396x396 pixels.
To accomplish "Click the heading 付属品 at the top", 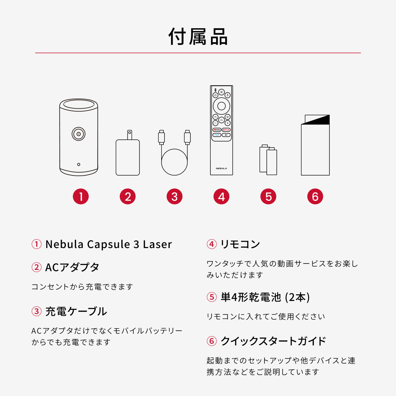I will tap(198, 37).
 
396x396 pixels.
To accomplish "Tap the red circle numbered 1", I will tap(81, 196).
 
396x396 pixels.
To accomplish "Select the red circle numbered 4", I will tap(221, 196).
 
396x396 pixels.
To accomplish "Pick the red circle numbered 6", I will tap(315, 196).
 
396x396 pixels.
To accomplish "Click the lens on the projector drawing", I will tap(78, 134).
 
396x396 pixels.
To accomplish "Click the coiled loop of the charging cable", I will tap(174, 162).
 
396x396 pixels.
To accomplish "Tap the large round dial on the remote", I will tap(221, 106).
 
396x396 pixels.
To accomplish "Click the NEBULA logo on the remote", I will tap(221, 169).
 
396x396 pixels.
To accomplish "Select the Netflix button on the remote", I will tap(226, 130).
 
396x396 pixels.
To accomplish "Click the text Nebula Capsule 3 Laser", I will tap(108, 244).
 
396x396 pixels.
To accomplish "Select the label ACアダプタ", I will tap(72, 267).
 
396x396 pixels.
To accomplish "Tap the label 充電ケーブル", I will tap(76, 311).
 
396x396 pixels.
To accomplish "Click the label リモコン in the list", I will tap(240, 244).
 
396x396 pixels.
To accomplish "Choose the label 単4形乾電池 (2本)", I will tap(265, 297).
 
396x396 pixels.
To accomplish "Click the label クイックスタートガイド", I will tap(273, 341).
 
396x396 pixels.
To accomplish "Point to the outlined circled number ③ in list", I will tap(36, 311).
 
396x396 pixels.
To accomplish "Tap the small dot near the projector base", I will tap(79, 164).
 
